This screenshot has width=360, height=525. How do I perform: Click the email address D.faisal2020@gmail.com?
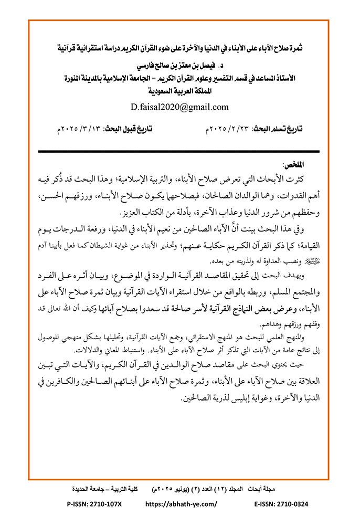coord(180,107)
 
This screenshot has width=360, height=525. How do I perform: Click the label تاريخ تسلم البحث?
coord(280,130)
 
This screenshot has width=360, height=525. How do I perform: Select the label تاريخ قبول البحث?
coord(131,130)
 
